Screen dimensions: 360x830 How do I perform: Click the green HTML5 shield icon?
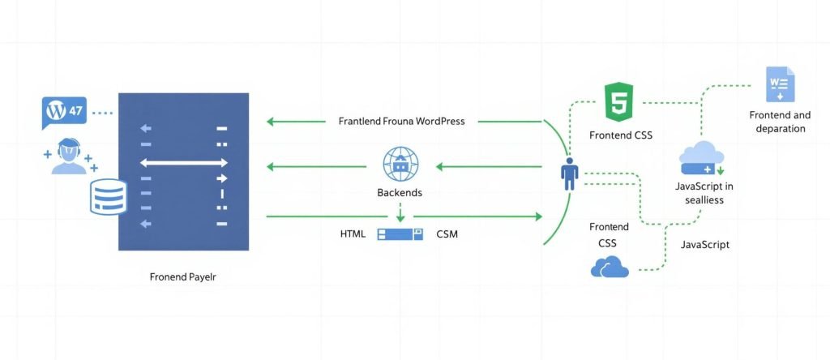click(x=619, y=101)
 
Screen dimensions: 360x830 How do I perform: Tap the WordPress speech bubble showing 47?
click(x=63, y=112)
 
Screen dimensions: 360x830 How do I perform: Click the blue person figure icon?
click(x=570, y=174)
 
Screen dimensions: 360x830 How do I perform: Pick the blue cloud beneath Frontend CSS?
click(x=610, y=267)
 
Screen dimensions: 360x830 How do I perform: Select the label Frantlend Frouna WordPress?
click(x=401, y=122)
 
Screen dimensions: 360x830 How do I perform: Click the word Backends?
click(x=399, y=193)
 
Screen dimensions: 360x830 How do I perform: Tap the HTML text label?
click(x=353, y=234)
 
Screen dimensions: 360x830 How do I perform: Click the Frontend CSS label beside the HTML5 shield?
click(x=619, y=135)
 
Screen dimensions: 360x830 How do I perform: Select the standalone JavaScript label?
click(x=704, y=244)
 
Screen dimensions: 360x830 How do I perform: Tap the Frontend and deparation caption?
click(x=777, y=122)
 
